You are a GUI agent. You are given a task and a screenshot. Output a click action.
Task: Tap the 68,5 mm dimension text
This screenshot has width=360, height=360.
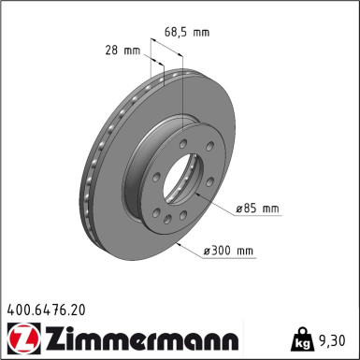click(x=187, y=32)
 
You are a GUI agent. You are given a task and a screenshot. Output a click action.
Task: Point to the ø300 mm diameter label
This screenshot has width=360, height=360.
click(x=229, y=251)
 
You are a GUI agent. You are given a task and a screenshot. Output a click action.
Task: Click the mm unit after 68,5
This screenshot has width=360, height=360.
click(x=202, y=32)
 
